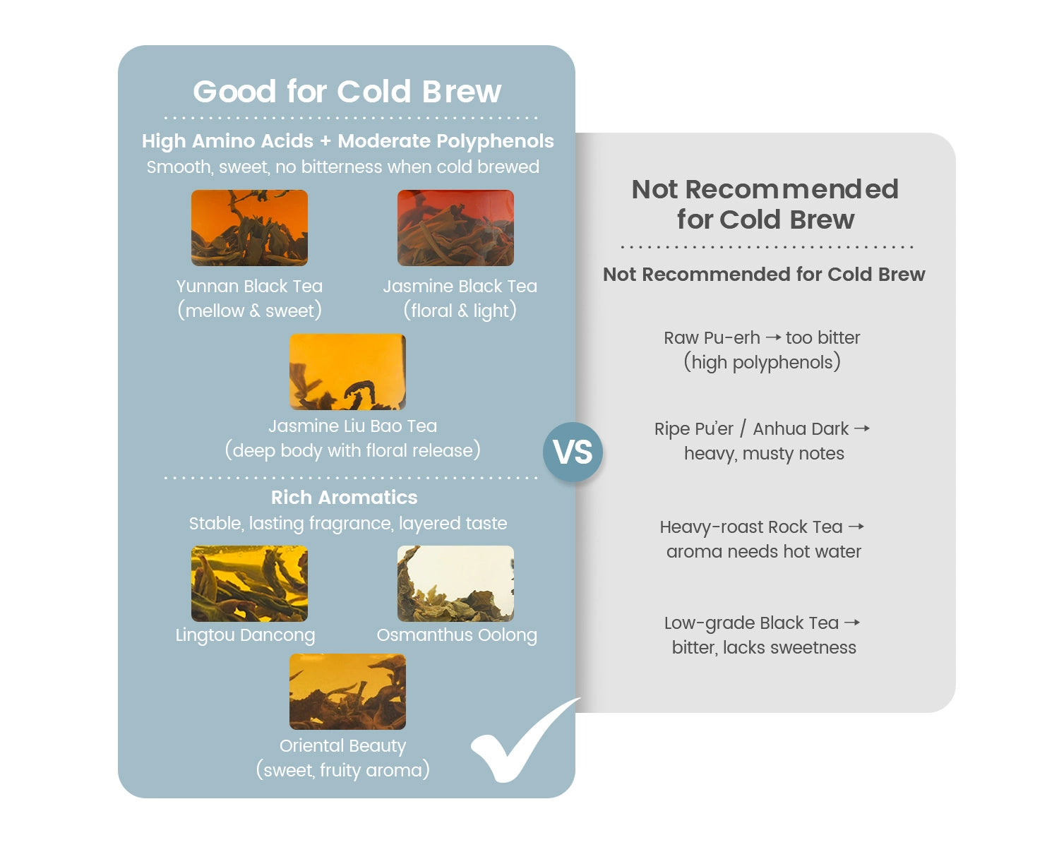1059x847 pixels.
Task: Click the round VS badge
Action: pos(573,452)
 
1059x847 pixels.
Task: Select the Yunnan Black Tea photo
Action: pos(249,228)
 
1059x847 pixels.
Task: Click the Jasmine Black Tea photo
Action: pos(455,228)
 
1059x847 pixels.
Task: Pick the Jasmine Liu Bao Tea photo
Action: pos(347,371)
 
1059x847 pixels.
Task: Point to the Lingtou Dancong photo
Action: pos(249,583)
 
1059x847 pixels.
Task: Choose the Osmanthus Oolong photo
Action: pos(455,583)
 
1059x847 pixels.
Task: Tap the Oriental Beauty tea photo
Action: pos(347,692)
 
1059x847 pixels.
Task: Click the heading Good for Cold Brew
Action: pos(347,92)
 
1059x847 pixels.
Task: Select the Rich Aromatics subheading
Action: pos(344,497)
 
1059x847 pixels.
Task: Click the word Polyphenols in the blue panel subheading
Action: pos(494,142)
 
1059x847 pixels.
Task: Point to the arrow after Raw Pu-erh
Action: pos(773,337)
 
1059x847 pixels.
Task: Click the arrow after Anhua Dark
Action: pos(861,428)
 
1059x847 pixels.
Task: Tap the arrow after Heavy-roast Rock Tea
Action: pos(856,527)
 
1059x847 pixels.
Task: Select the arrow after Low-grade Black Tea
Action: pos(852,623)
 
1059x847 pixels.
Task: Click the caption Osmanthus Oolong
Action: pos(457,635)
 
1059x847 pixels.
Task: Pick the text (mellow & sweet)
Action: pos(249,311)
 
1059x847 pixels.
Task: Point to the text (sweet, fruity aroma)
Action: pos(342,770)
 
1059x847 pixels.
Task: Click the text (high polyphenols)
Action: pos(762,363)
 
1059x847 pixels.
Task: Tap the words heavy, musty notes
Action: pos(764,454)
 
